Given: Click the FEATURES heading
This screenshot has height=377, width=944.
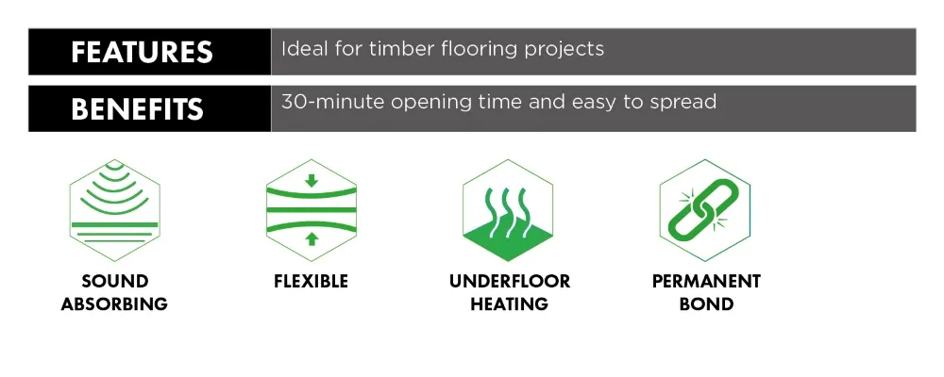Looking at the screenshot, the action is coord(143,53).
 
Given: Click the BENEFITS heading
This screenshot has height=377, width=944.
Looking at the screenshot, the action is coord(137,109).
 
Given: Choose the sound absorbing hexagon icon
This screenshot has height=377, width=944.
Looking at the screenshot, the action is coord(114,210).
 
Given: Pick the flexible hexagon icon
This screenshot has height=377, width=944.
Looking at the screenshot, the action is coord(312,210).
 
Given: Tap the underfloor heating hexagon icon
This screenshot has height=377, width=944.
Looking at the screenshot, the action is coord(508,210).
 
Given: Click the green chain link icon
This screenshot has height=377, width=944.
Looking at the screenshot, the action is coord(704,210).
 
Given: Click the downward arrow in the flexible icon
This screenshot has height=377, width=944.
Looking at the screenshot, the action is coord(312,180).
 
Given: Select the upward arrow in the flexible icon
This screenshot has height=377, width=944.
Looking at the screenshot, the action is coord(312,239).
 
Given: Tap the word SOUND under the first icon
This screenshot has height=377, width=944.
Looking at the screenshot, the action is coord(114,282).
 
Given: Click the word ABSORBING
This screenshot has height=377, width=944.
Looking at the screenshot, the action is coord(114,303).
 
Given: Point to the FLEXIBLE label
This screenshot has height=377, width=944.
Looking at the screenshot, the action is coord(312,282).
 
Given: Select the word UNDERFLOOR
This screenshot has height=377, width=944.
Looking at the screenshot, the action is coord(510,282).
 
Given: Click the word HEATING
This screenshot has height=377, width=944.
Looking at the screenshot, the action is coord(510,303).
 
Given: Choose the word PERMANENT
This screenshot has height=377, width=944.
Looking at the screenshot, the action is coord(706,282).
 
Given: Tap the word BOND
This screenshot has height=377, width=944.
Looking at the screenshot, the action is coord(706,303).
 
